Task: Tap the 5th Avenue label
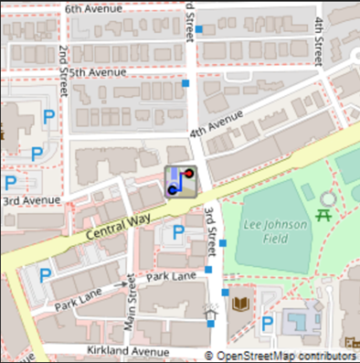(x=98, y=72)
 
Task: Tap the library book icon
(x=240, y=304)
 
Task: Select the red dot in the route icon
(x=188, y=173)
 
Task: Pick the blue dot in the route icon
(x=172, y=189)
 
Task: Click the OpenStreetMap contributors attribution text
(x=284, y=355)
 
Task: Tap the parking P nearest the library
(x=268, y=323)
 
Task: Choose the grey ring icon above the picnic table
(x=327, y=198)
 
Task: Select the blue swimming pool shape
(x=298, y=321)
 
